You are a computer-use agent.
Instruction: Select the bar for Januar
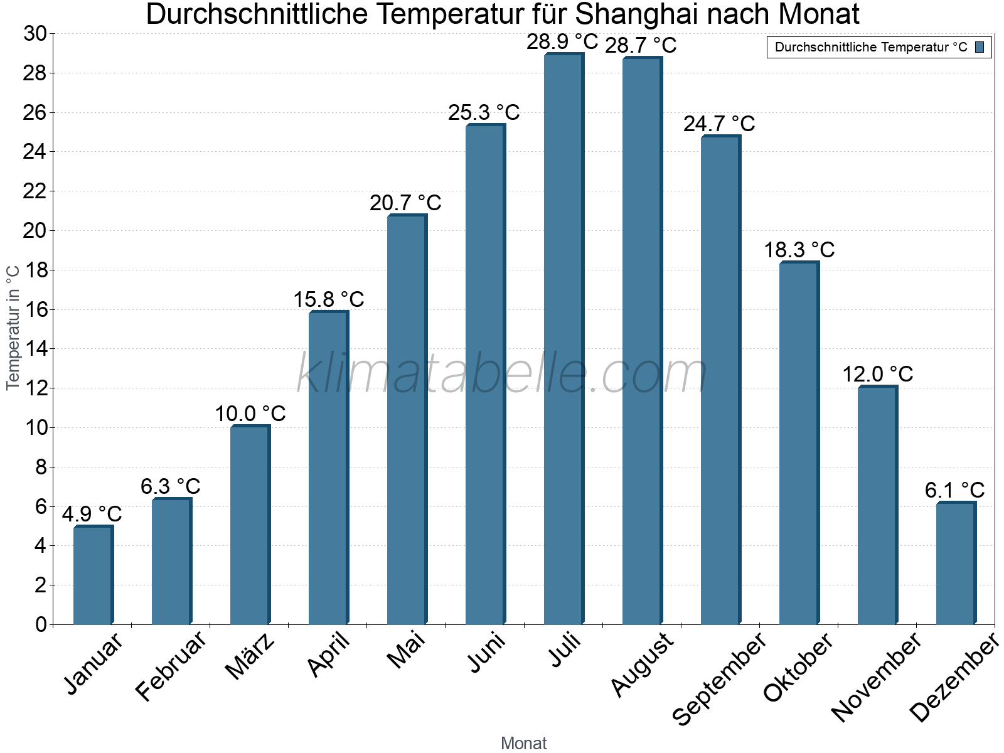click(93, 575)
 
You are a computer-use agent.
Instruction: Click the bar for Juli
click(563, 339)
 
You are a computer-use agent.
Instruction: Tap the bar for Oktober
click(799, 443)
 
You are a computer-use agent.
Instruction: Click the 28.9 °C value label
click(562, 42)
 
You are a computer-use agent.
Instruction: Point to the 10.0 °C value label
click(250, 414)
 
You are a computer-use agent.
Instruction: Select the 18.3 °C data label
click(799, 250)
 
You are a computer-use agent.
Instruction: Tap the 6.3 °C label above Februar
click(170, 486)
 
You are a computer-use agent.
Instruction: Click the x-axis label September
click(719, 678)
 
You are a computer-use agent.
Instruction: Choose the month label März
click(250, 656)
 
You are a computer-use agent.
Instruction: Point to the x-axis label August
click(642, 665)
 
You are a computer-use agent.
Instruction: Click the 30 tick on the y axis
click(35, 34)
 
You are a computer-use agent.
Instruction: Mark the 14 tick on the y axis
click(35, 349)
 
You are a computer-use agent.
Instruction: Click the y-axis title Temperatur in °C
click(13, 328)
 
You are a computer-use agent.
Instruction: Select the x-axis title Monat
click(524, 744)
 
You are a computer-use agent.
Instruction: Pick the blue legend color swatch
click(980, 47)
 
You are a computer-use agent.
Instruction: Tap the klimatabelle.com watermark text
click(501, 373)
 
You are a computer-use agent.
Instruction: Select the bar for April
click(328, 468)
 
